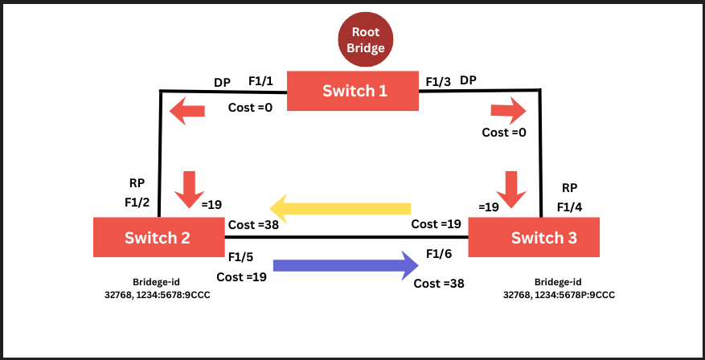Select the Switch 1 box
(x=353, y=91)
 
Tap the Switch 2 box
(x=158, y=237)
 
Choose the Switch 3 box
(x=533, y=237)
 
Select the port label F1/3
(x=437, y=82)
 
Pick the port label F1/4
(x=570, y=208)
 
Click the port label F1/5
(x=241, y=258)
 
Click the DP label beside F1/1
(x=223, y=83)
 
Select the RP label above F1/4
(x=570, y=188)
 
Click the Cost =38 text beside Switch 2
(x=253, y=225)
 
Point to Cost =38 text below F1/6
(x=439, y=283)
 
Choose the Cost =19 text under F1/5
(x=241, y=278)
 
